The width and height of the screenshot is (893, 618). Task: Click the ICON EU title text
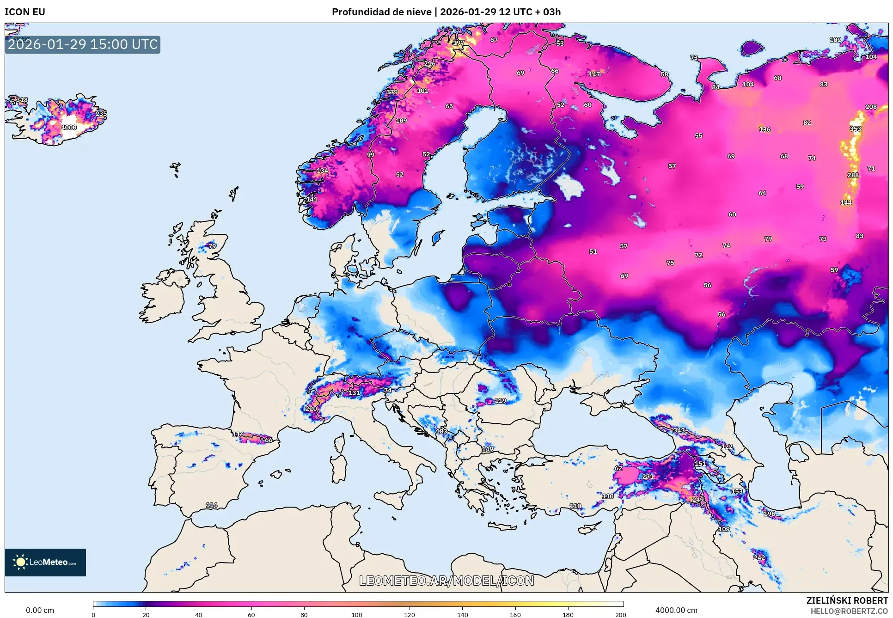(25, 12)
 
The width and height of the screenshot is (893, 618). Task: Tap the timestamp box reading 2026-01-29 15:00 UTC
(83, 45)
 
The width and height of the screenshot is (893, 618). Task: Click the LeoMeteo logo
(45, 562)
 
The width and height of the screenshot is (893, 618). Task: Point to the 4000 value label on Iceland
(69, 128)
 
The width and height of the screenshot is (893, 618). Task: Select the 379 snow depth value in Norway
(392, 92)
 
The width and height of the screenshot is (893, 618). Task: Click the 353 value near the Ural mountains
(855, 129)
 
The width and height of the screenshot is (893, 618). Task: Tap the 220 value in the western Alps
(311, 409)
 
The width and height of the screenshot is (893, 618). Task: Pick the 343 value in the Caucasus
(679, 430)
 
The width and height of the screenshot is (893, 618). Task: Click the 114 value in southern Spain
(211, 505)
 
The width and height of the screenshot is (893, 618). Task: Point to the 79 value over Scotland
(212, 246)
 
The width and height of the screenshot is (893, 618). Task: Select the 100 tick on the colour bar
(357, 614)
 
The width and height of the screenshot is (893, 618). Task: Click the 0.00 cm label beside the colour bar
(40, 610)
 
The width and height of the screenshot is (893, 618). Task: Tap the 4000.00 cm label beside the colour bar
(676, 610)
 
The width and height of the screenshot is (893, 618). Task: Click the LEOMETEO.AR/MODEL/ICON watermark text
(446, 581)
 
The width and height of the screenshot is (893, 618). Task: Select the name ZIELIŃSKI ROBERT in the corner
(847, 600)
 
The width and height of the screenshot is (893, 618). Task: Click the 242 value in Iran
(759, 557)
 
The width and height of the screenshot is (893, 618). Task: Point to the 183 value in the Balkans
(441, 431)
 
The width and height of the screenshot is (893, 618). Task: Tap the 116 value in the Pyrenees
(238, 434)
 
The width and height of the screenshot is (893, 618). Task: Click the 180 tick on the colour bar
(568, 614)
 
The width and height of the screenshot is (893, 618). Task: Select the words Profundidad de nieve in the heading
(381, 12)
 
